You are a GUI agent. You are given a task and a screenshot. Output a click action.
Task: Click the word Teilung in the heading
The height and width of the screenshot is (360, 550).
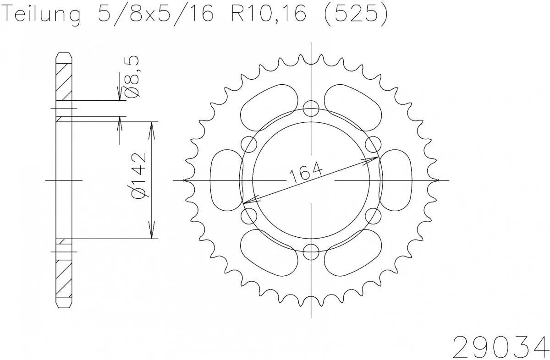pyautogui.click(x=44, y=15)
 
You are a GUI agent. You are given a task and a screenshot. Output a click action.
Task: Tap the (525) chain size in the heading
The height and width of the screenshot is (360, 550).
pyautogui.click(x=355, y=15)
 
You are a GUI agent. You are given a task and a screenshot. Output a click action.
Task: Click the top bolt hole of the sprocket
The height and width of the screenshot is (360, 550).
pyautogui.click(x=311, y=109)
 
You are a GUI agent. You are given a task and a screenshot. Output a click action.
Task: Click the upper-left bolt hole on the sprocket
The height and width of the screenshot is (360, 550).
pyautogui.click(x=249, y=144)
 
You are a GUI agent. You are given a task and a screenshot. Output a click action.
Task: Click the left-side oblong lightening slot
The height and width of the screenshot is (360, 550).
pyautogui.click(x=225, y=180)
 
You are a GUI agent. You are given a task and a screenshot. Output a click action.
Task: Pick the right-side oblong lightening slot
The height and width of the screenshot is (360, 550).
pyautogui.click(x=397, y=180)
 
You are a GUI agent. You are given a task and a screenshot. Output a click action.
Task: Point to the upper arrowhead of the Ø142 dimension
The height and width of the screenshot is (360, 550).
pyautogui.click(x=152, y=128)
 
